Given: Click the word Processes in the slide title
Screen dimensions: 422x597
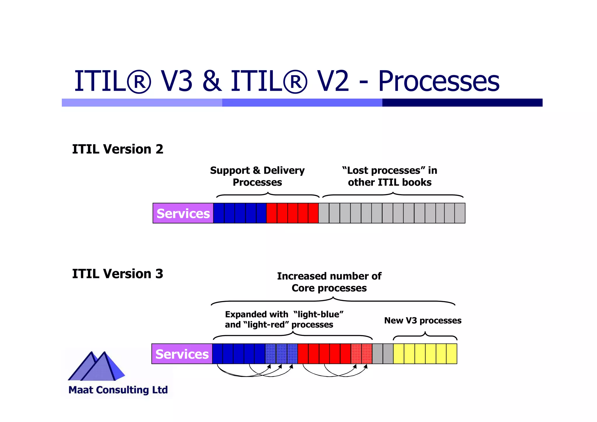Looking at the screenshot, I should click(x=439, y=81).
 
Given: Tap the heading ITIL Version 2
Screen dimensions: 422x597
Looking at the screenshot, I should click(x=117, y=149).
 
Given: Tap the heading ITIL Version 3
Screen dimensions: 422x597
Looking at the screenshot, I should click(x=117, y=274).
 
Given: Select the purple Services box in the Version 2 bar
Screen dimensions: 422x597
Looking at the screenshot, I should click(x=183, y=213).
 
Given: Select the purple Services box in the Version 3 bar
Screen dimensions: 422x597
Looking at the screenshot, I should click(x=182, y=354).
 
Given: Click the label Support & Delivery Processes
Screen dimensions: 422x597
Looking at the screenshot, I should click(x=257, y=176).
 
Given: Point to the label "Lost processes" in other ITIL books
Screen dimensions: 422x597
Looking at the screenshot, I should click(x=389, y=176).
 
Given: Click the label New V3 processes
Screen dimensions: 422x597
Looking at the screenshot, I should click(x=423, y=321).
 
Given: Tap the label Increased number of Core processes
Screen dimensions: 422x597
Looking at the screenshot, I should click(x=329, y=282).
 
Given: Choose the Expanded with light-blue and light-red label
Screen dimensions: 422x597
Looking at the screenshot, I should click(x=284, y=319).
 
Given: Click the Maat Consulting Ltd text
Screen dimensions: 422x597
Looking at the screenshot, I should click(x=118, y=390).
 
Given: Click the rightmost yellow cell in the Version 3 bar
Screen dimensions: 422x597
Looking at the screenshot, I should click(x=452, y=354).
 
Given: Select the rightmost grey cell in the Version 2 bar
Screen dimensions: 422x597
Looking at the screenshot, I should click(x=460, y=213).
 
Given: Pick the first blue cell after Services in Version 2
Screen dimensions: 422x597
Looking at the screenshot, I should click(x=219, y=213).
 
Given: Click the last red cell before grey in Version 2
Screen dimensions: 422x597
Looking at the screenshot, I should click(x=313, y=213).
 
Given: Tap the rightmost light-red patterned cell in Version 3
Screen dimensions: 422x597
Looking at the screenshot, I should click(x=367, y=354).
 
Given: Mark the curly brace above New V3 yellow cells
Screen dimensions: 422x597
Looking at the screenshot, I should click(x=425, y=336).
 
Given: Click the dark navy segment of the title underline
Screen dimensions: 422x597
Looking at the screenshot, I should click(x=462, y=103).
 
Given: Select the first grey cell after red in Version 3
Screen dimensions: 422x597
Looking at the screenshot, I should click(x=377, y=354).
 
